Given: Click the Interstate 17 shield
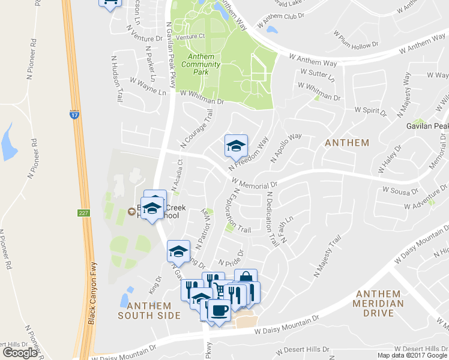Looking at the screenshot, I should coord(74,114).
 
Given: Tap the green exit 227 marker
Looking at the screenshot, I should coord(83,212).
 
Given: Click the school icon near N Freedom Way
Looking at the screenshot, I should coord(236,145).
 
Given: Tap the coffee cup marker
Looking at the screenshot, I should coord(218,310).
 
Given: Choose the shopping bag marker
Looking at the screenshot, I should coord(246,278).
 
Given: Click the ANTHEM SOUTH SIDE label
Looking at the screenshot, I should coord(149,310).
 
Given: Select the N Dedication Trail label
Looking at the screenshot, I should coord(273,219).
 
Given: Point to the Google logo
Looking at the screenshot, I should coord(20,353).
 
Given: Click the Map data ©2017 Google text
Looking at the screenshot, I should coord(412,355).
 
